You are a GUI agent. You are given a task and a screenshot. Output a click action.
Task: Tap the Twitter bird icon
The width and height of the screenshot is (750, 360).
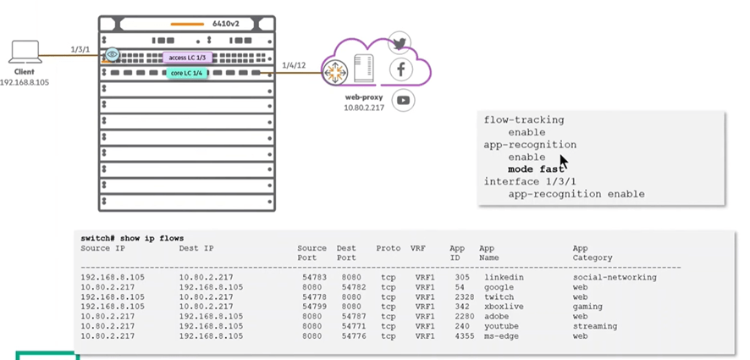(x=400, y=43)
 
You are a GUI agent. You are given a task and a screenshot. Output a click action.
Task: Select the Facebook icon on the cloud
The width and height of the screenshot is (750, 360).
(x=400, y=69)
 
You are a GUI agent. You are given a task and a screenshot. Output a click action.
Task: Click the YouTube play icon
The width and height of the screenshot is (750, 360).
(x=404, y=100)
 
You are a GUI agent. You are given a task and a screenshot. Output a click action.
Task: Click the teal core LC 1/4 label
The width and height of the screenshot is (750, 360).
(x=187, y=74)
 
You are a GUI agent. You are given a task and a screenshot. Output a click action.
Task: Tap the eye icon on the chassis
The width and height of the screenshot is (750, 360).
(x=112, y=56)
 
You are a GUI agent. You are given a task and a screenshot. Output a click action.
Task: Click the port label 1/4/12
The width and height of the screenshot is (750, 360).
(x=294, y=65)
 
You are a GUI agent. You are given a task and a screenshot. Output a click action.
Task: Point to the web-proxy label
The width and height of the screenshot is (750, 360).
(x=360, y=97)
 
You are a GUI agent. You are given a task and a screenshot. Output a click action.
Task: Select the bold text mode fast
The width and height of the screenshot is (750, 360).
(x=536, y=169)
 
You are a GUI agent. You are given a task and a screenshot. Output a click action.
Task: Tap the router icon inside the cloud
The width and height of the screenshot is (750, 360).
(x=337, y=72)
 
